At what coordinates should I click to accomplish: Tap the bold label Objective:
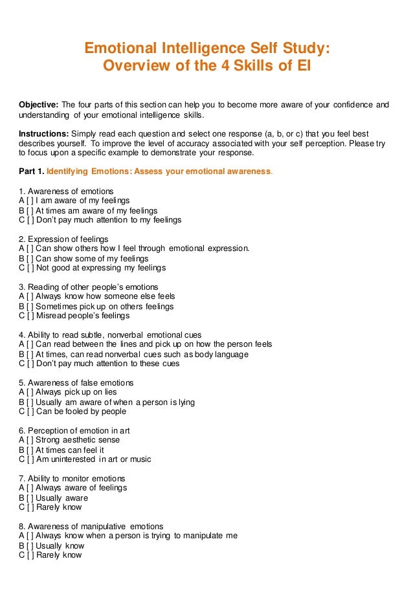coord(39,105)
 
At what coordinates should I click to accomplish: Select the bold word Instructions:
coord(41,134)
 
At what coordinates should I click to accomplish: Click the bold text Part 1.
coord(32,172)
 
